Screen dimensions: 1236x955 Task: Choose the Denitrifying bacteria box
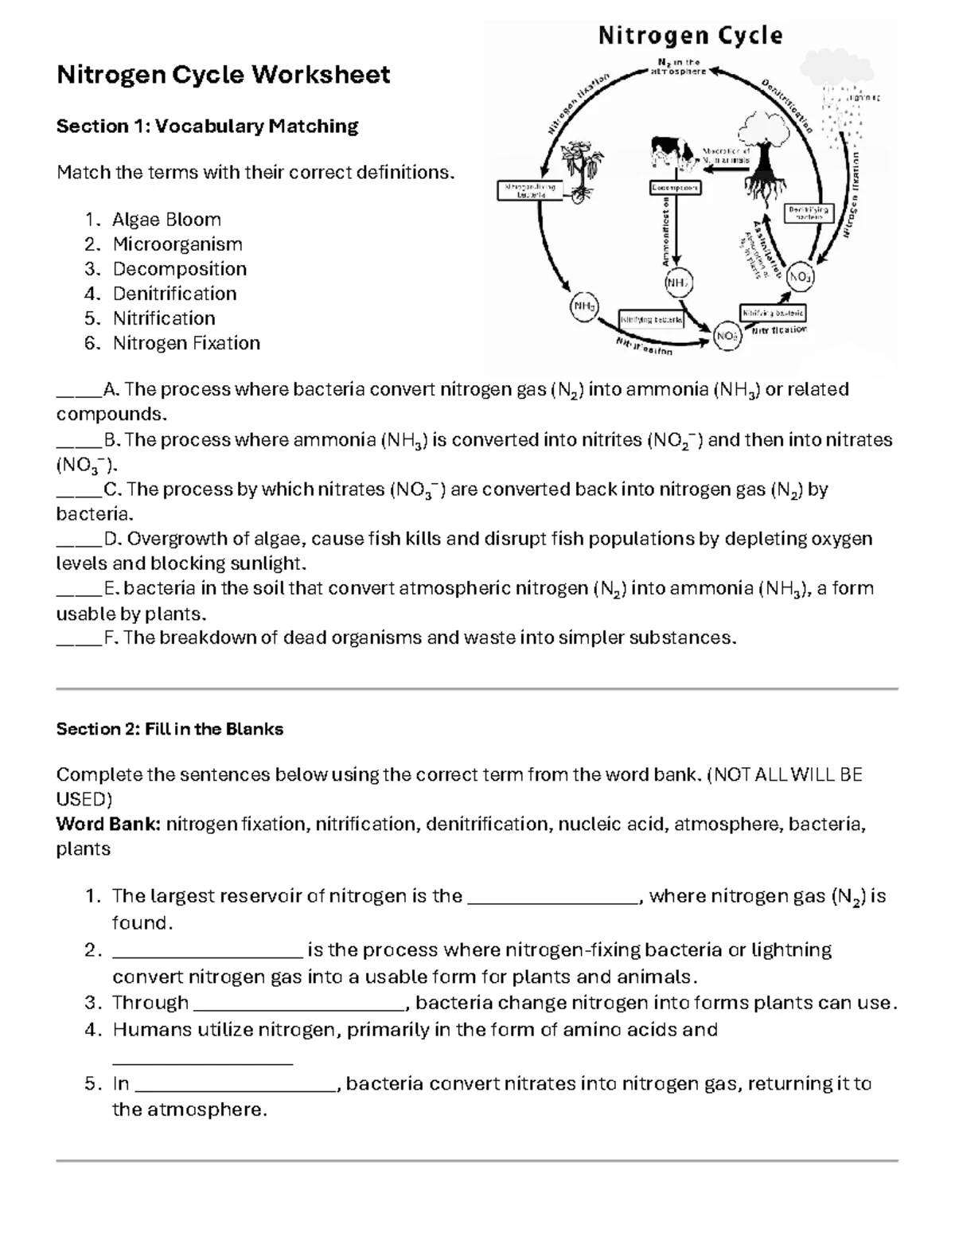pos(808,212)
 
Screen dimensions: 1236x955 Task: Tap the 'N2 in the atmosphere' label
pos(678,67)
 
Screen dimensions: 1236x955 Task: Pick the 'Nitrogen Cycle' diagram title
pos(690,36)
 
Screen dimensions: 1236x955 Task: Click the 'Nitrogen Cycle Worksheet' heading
pos(223,75)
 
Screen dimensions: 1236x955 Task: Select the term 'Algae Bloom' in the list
pos(166,220)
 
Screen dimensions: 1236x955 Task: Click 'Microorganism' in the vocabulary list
pos(177,244)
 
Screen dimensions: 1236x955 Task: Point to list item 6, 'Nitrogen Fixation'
pos(186,343)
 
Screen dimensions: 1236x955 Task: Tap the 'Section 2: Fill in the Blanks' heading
pos(170,729)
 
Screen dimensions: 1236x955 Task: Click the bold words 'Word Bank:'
pos(108,825)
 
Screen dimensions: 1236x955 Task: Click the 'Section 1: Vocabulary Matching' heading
pos(207,126)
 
